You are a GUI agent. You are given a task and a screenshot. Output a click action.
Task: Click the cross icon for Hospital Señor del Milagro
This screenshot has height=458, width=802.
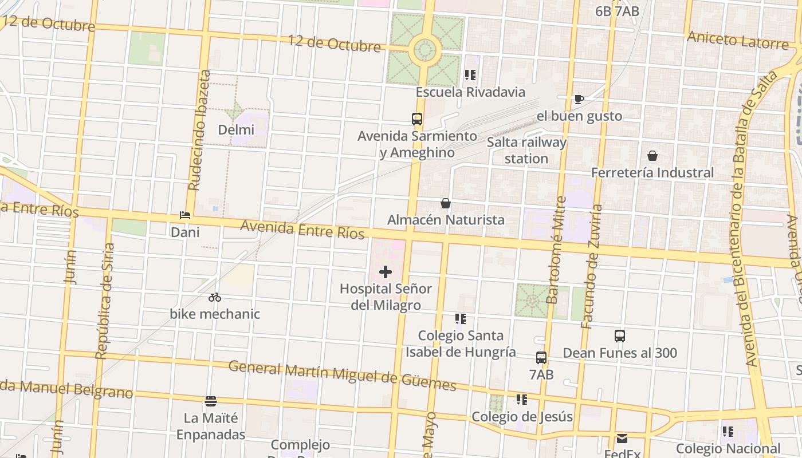(386, 272)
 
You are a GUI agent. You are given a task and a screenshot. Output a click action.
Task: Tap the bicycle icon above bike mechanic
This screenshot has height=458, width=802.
(215, 297)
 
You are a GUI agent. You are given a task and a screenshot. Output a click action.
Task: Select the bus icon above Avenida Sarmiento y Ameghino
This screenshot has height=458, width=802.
(417, 119)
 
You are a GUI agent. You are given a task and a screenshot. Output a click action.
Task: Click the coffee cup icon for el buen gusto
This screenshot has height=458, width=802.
(579, 100)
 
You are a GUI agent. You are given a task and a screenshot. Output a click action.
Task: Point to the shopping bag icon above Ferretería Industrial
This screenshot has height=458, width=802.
(652, 156)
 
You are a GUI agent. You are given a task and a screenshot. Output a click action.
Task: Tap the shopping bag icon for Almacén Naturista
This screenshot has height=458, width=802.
(446, 203)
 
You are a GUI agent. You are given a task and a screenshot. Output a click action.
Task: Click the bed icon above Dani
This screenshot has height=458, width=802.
(185, 215)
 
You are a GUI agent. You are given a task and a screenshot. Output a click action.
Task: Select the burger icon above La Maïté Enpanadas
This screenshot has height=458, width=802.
(211, 401)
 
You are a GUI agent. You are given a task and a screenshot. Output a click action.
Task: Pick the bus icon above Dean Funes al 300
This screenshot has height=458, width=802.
(619, 336)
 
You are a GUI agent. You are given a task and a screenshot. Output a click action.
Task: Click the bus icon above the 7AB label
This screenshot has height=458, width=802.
(541, 358)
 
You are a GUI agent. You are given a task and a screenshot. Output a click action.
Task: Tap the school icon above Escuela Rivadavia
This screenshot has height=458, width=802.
(470, 75)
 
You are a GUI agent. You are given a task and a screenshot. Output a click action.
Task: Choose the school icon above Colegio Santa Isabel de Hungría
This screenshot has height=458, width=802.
(461, 319)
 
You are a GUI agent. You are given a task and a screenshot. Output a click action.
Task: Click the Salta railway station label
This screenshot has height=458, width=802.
(526, 151)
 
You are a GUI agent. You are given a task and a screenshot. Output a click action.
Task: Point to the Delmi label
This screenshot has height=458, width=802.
(236, 130)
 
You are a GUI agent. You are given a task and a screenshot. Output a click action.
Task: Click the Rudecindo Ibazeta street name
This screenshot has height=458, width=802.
(199, 131)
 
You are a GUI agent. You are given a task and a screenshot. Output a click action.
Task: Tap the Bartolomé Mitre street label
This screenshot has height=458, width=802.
(556, 250)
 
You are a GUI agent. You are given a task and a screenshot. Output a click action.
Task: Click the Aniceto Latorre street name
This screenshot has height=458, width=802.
(738, 40)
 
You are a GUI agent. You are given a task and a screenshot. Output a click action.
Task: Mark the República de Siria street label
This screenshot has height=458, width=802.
(105, 301)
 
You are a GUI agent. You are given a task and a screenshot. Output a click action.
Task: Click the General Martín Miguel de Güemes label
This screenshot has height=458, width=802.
(342, 375)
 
